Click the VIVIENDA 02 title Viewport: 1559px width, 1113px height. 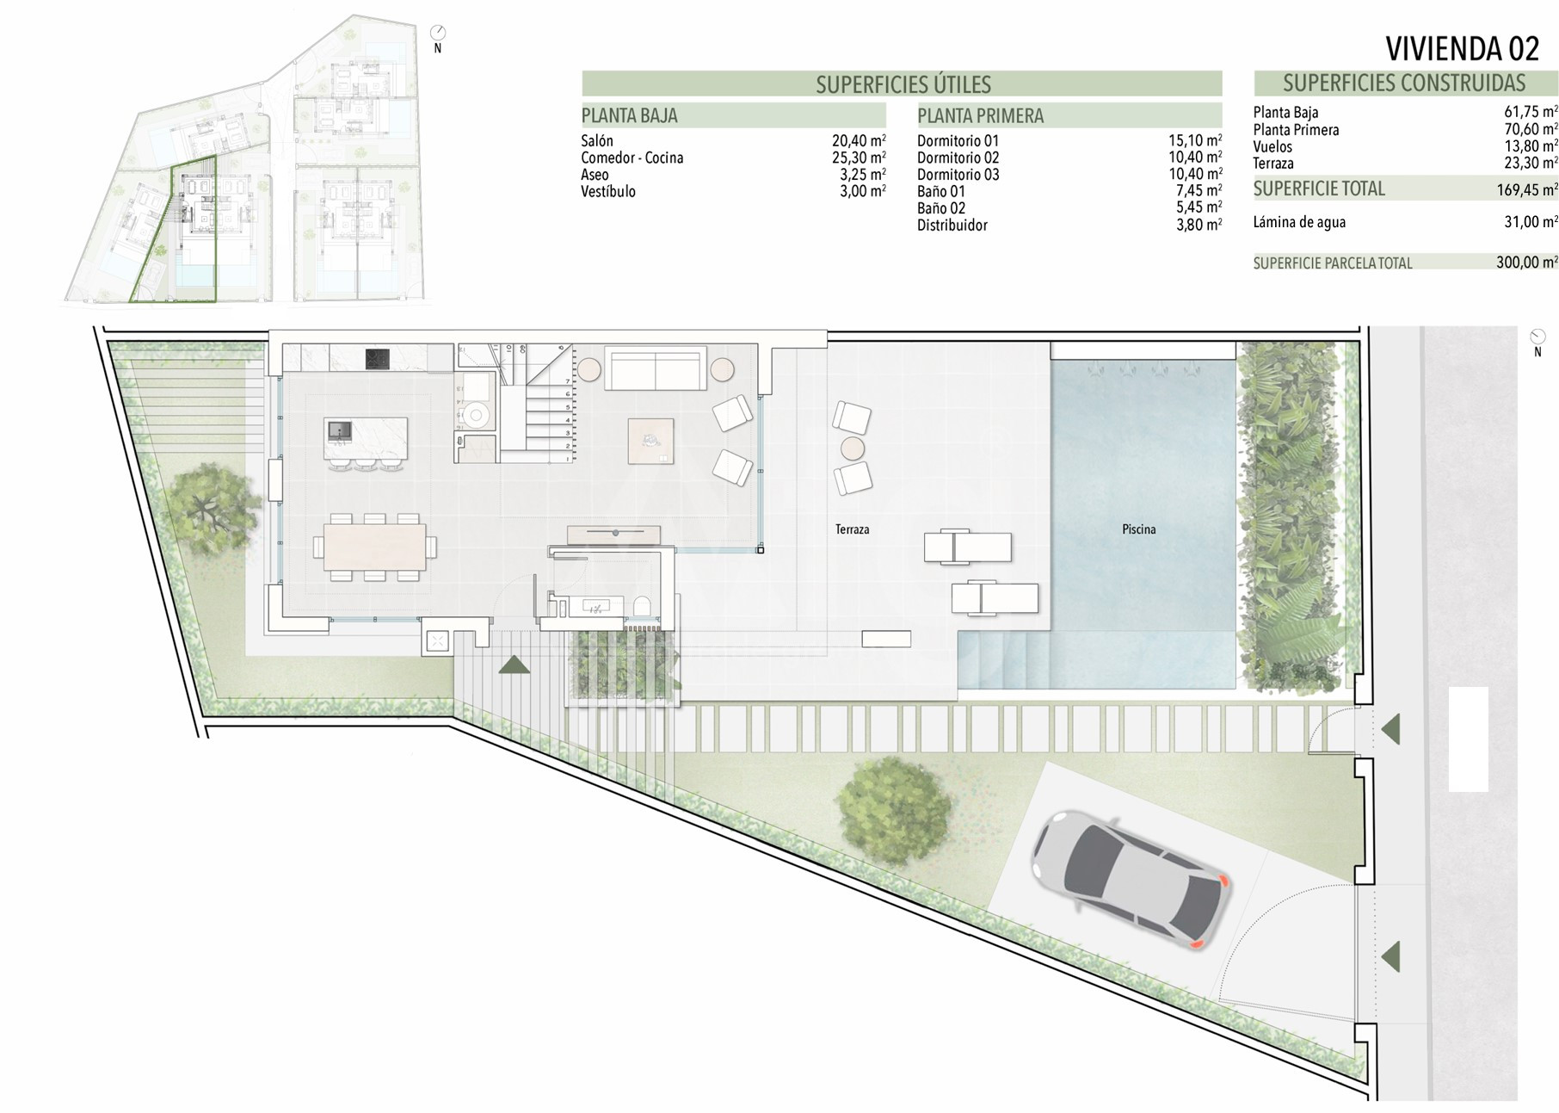(1462, 49)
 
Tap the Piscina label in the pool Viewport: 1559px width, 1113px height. (1138, 529)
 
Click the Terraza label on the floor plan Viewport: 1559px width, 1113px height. (852, 529)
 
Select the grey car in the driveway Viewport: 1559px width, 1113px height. (1130, 879)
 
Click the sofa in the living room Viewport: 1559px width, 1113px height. (656, 368)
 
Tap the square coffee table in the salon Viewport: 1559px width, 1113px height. (650, 441)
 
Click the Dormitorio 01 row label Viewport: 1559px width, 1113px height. (958, 141)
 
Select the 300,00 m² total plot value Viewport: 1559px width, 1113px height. (1526, 263)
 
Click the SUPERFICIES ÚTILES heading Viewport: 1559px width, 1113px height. (903, 84)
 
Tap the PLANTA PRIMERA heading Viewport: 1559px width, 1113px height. (980, 115)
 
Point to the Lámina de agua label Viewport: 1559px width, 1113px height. (1299, 222)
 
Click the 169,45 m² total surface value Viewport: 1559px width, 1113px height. (1526, 189)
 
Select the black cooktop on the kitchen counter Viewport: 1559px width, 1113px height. (378, 359)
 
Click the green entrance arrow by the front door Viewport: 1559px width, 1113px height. (514, 665)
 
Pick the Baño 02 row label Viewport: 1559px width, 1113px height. (941, 208)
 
